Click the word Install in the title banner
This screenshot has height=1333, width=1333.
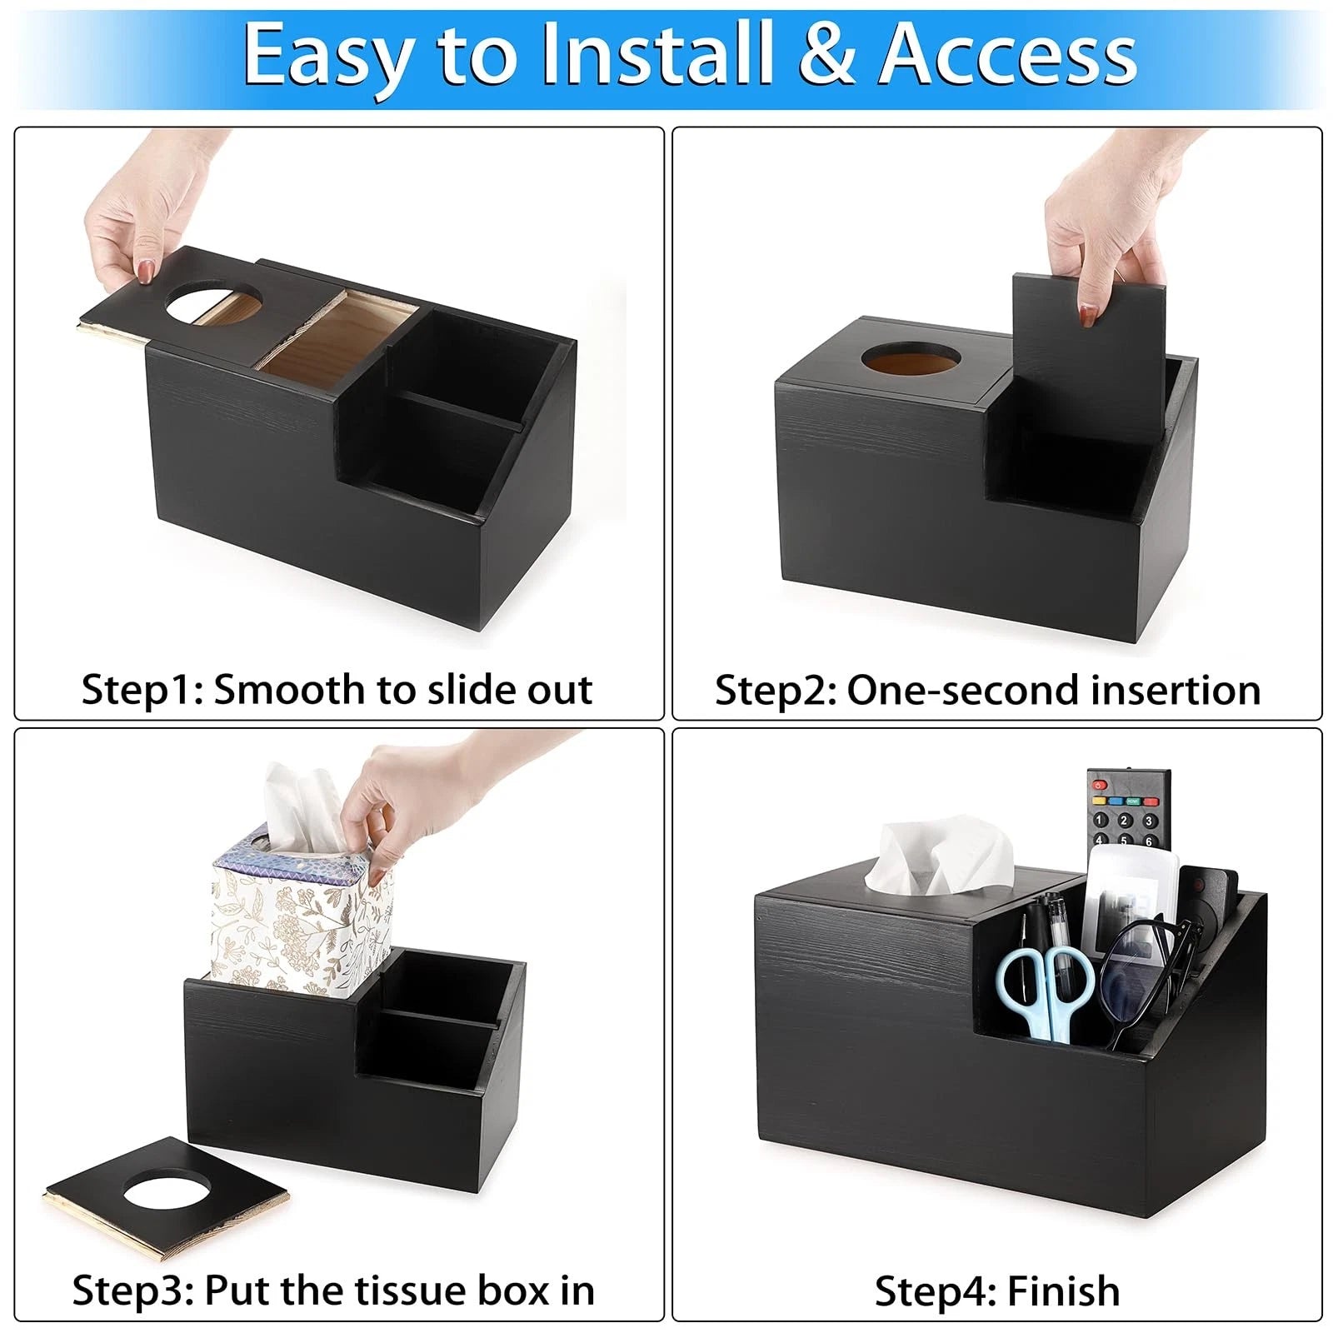click(657, 55)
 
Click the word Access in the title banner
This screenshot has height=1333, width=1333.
click(1008, 55)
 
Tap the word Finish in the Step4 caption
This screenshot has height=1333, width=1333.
click(1063, 1291)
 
